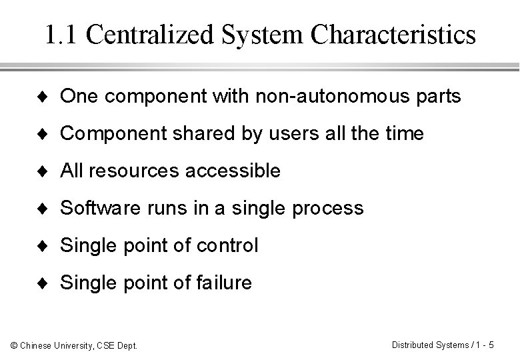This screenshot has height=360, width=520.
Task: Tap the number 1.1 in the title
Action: [63, 35]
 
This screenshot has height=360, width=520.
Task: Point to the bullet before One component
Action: [48, 97]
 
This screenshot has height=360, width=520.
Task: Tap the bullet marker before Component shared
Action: [48, 135]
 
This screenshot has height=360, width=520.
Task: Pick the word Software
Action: [99, 209]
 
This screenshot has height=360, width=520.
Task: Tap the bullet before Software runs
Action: [48, 209]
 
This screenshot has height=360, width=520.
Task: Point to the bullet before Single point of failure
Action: [48, 284]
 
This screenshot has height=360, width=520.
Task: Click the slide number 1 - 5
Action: [483, 345]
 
